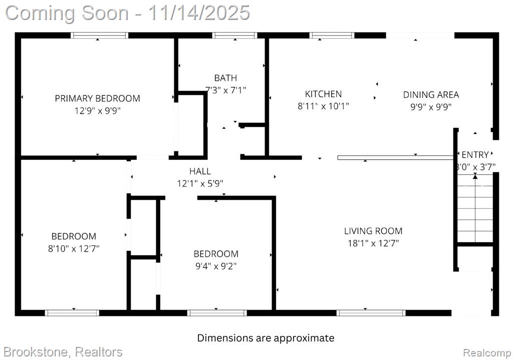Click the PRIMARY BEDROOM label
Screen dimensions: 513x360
[x=98, y=98]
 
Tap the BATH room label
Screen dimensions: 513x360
[x=225, y=78]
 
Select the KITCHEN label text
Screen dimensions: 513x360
[x=323, y=94]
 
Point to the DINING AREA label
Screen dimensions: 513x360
[x=431, y=95]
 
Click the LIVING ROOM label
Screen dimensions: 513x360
[x=373, y=231]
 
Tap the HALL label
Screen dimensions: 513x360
[x=200, y=171]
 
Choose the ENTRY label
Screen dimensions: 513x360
[x=475, y=154]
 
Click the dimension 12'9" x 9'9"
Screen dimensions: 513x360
[x=98, y=111]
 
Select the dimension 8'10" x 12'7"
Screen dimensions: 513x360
[x=74, y=249]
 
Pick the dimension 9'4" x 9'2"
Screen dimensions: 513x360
[x=216, y=266]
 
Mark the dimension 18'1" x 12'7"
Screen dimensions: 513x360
[x=373, y=243]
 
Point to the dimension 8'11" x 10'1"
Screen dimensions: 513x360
[x=323, y=106]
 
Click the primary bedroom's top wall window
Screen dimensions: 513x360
[x=100, y=36]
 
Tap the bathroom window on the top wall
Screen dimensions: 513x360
[x=234, y=36]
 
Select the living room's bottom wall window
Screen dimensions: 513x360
[x=371, y=313]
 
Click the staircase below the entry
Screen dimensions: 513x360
[x=475, y=209]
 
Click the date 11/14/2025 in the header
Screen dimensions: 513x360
[x=199, y=13]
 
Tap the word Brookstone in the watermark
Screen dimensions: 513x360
[x=36, y=352]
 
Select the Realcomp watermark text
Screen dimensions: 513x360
[x=487, y=353]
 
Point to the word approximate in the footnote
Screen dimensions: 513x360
[x=304, y=338]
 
